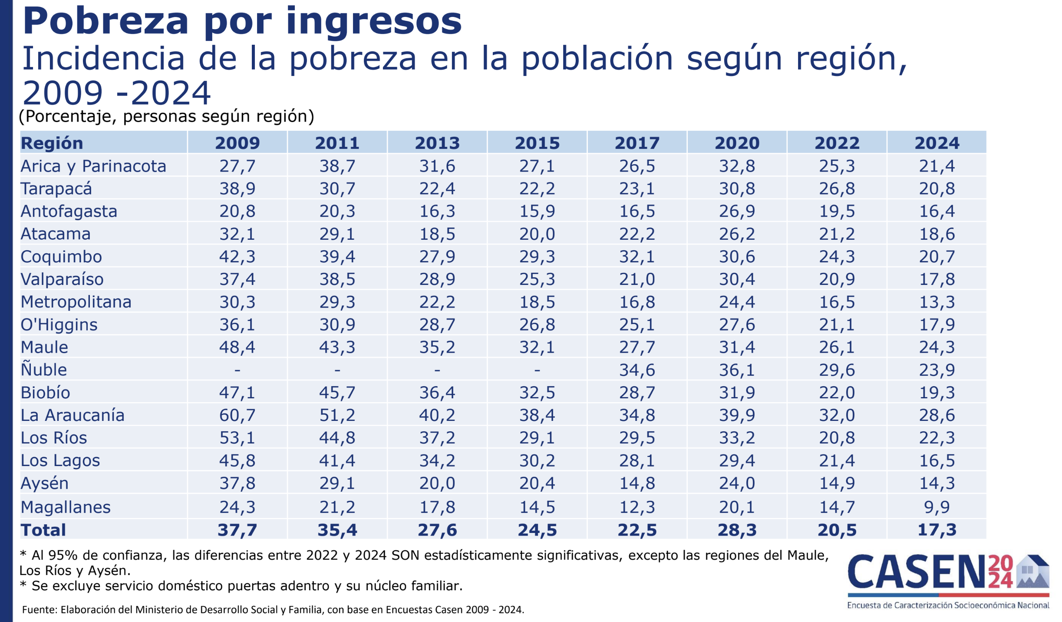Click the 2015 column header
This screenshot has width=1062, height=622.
coord(537,143)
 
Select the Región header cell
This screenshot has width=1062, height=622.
coord(52,143)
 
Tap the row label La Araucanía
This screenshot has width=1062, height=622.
coord(73,415)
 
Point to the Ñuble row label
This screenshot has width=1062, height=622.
coord(44,370)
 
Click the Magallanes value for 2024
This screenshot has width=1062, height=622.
coord(937,507)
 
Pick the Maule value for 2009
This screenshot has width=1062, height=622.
coord(237,347)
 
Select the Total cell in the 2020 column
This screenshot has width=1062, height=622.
coord(737,530)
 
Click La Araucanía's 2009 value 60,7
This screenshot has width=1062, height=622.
coord(237,415)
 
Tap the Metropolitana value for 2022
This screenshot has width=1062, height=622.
coord(837,302)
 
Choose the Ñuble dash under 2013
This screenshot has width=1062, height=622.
coord(437,370)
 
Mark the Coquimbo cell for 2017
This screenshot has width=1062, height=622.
coord(637,257)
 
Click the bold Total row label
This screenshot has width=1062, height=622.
coord(43,530)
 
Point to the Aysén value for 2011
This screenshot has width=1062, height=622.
coord(337,483)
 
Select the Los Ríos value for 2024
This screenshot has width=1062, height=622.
coord(937,438)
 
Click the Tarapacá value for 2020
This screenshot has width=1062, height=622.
coord(737,189)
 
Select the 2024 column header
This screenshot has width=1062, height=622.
coord(937,143)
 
